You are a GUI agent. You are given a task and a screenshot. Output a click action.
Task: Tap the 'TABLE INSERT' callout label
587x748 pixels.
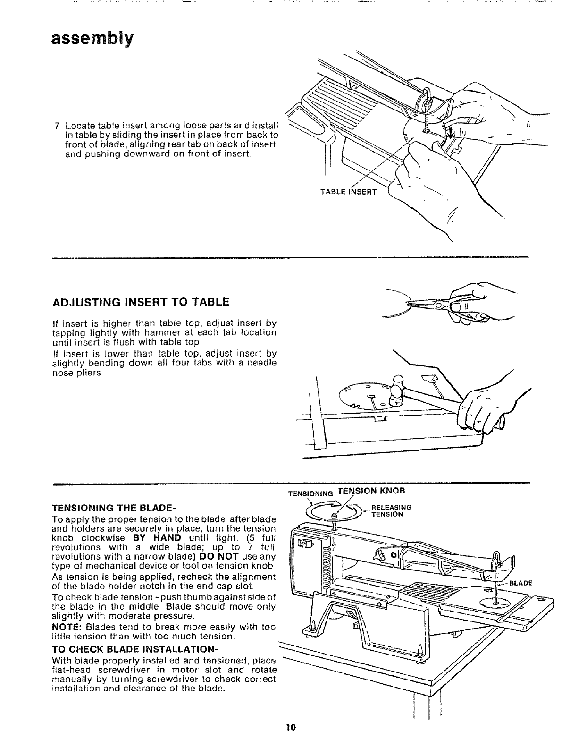pyautogui.click(x=348, y=192)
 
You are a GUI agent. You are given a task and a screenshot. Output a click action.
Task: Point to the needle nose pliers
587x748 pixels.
pyautogui.click(x=434, y=306)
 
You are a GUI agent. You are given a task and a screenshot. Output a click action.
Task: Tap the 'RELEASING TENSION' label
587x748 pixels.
pyautogui.click(x=391, y=511)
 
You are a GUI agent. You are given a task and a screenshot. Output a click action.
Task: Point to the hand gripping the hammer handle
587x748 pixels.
pyautogui.click(x=481, y=406)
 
